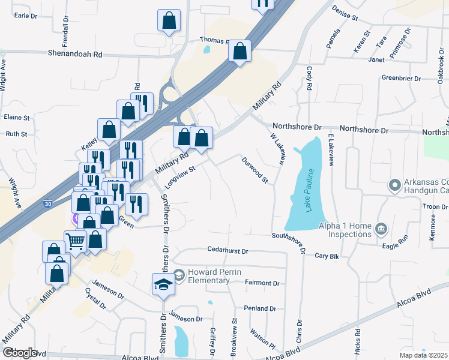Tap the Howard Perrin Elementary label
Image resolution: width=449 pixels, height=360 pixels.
pos(214,276)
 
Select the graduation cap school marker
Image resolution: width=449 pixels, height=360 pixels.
pos(163,284)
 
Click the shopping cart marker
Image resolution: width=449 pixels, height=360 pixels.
pos(76,242)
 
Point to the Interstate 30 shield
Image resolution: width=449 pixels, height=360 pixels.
pos(48,205)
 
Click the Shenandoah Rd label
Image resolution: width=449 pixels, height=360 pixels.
pos(77,54)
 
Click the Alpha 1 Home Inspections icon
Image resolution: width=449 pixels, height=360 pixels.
pos(380,229)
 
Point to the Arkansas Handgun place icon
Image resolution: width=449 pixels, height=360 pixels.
pos(394,185)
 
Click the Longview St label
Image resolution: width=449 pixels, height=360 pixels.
pos(181,178)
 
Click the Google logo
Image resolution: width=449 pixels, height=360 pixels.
pos(20,352)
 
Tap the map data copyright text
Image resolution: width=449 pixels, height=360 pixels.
pos(423,355)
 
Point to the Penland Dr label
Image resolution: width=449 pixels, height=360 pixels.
pos(259,308)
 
